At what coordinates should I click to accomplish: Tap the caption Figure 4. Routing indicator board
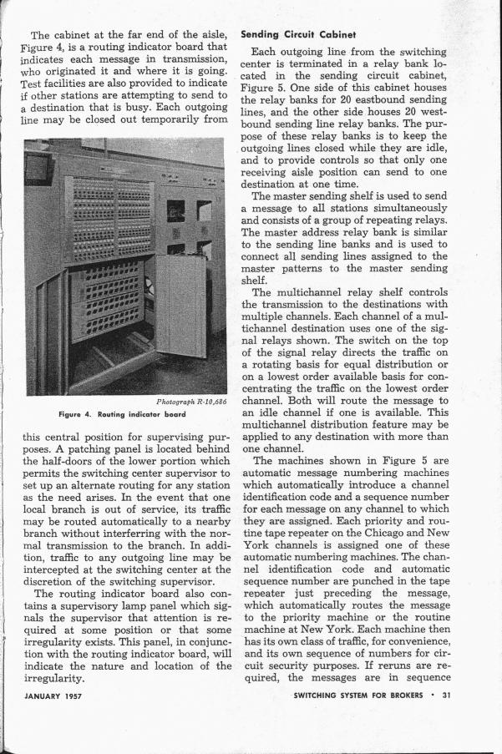pyautogui.click(x=127, y=415)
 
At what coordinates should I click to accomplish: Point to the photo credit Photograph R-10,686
pyautogui.click(x=191, y=402)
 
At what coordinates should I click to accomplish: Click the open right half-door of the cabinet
pyautogui.click(x=180, y=294)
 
